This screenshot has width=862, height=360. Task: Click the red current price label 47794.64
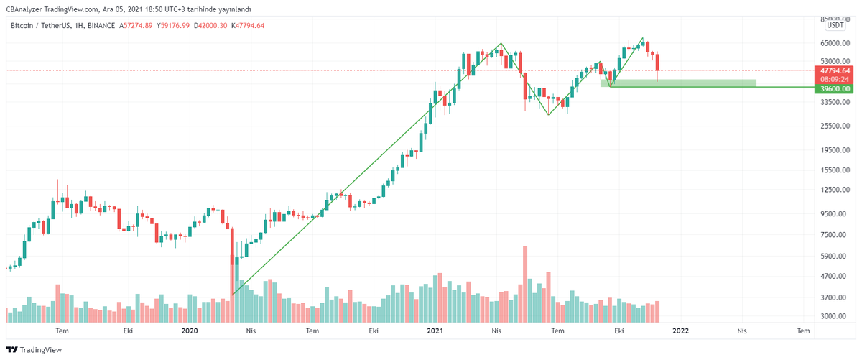pyautogui.click(x=835, y=70)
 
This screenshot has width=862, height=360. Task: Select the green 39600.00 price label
pyautogui.click(x=835, y=88)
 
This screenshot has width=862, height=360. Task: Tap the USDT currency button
pyautogui.click(x=835, y=25)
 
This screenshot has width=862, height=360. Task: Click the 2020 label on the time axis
pyautogui.click(x=190, y=331)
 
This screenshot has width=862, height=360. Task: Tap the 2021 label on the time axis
pyautogui.click(x=435, y=331)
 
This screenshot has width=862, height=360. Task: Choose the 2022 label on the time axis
pyautogui.click(x=680, y=331)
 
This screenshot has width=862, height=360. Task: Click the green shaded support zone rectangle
pyautogui.click(x=678, y=83)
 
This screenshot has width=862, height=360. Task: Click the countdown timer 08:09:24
pyautogui.click(x=835, y=79)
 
